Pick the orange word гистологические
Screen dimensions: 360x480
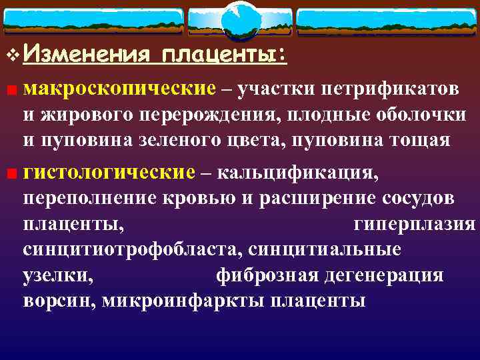(109, 173)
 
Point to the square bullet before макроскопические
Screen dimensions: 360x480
(12, 90)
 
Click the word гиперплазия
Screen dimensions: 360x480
(414, 224)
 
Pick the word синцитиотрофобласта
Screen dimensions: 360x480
(126, 249)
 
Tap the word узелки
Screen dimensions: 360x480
(58, 275)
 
